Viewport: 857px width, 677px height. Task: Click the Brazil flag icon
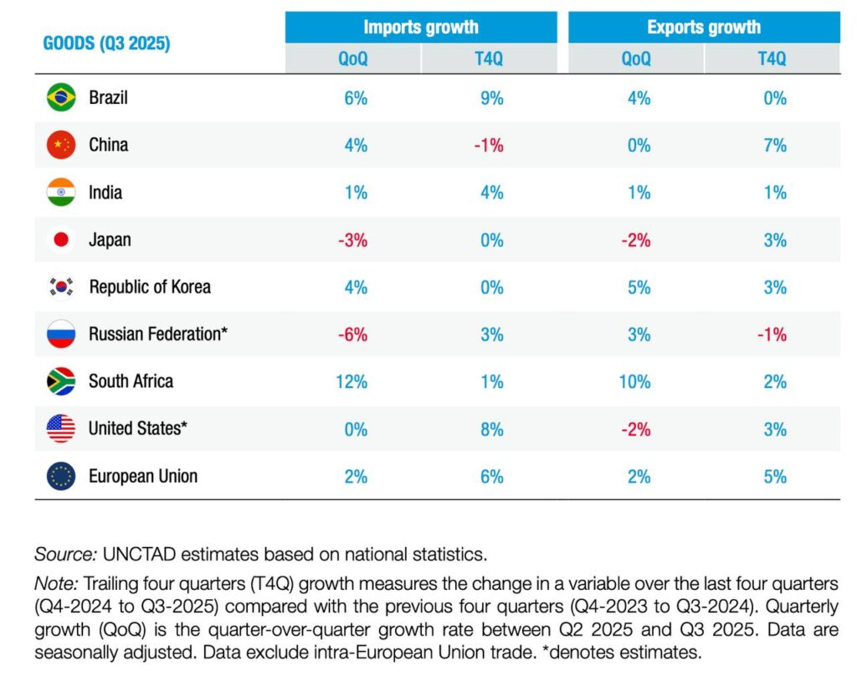61,98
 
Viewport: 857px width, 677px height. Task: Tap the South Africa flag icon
61,381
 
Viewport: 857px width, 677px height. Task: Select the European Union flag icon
61,476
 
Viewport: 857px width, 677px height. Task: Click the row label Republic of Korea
150,287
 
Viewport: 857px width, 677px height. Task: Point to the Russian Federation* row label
158,334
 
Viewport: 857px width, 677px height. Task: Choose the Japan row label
110,240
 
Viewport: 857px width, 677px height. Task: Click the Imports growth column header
421,27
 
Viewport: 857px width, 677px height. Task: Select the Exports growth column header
704,27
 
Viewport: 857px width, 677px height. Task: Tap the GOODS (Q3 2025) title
106,44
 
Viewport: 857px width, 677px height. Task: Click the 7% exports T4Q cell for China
775,145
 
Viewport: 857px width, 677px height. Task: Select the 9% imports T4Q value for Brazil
491,98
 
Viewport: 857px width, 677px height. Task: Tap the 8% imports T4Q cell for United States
491,429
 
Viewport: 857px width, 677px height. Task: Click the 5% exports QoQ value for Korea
638,287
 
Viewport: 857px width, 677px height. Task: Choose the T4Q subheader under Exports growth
772,58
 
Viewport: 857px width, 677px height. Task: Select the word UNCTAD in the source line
138,554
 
